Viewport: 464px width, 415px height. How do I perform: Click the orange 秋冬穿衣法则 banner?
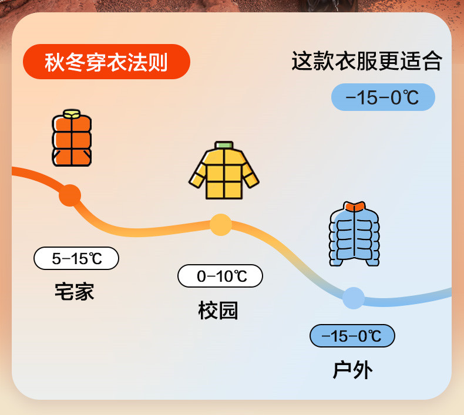click(106, 61)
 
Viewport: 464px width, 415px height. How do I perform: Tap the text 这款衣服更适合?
click(366, 61)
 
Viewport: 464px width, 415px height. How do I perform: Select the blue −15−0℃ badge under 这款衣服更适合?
click(383, 97)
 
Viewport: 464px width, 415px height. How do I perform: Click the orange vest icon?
click(72, 139)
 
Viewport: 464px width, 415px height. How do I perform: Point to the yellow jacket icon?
click(224, 171)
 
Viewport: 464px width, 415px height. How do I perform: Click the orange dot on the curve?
click(70, 195)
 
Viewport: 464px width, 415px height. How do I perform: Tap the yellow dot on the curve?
click(221, 225)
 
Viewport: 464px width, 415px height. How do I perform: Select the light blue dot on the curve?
click(354, 298)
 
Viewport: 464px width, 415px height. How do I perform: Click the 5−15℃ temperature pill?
click(76, 258)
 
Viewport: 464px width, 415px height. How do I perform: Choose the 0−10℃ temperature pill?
click(220, 276)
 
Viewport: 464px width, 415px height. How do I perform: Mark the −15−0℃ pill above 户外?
click(352, 336)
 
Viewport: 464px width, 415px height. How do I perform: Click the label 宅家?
click(75, 291)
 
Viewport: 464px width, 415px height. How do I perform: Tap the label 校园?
click(218, 310)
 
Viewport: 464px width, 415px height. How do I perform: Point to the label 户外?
click(352, 370)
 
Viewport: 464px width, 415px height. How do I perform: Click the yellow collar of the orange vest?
click(72, 113)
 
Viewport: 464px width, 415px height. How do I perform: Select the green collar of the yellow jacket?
click(224, 145)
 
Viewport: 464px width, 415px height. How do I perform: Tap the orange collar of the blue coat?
click(355, 206)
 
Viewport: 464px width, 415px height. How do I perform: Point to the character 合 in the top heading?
click(432, 61)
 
